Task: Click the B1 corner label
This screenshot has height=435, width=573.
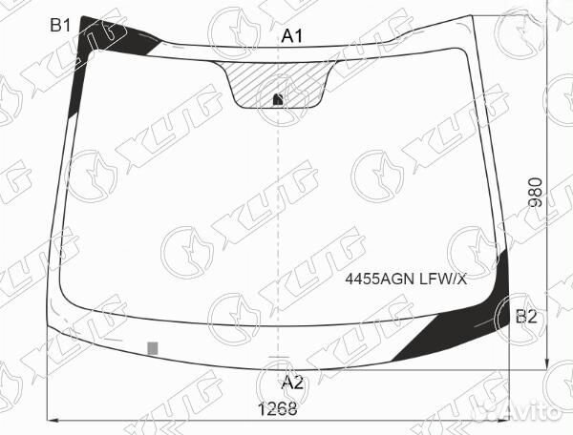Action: (x=60, y=26)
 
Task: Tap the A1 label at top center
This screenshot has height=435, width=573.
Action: (x=292, y=36)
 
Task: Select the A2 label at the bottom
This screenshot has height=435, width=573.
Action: (x=292, y=383)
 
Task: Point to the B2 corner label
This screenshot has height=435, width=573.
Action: (x=526, y=317)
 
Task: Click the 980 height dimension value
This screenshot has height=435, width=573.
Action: (x=535, y=193)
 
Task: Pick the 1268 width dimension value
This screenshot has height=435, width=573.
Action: (x=278, y=408)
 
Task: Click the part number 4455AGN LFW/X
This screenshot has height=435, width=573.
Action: (x=406, y=280)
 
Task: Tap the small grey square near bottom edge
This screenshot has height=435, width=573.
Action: (x=153, y=348)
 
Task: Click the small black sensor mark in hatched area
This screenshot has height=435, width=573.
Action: (x=279, y=99)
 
